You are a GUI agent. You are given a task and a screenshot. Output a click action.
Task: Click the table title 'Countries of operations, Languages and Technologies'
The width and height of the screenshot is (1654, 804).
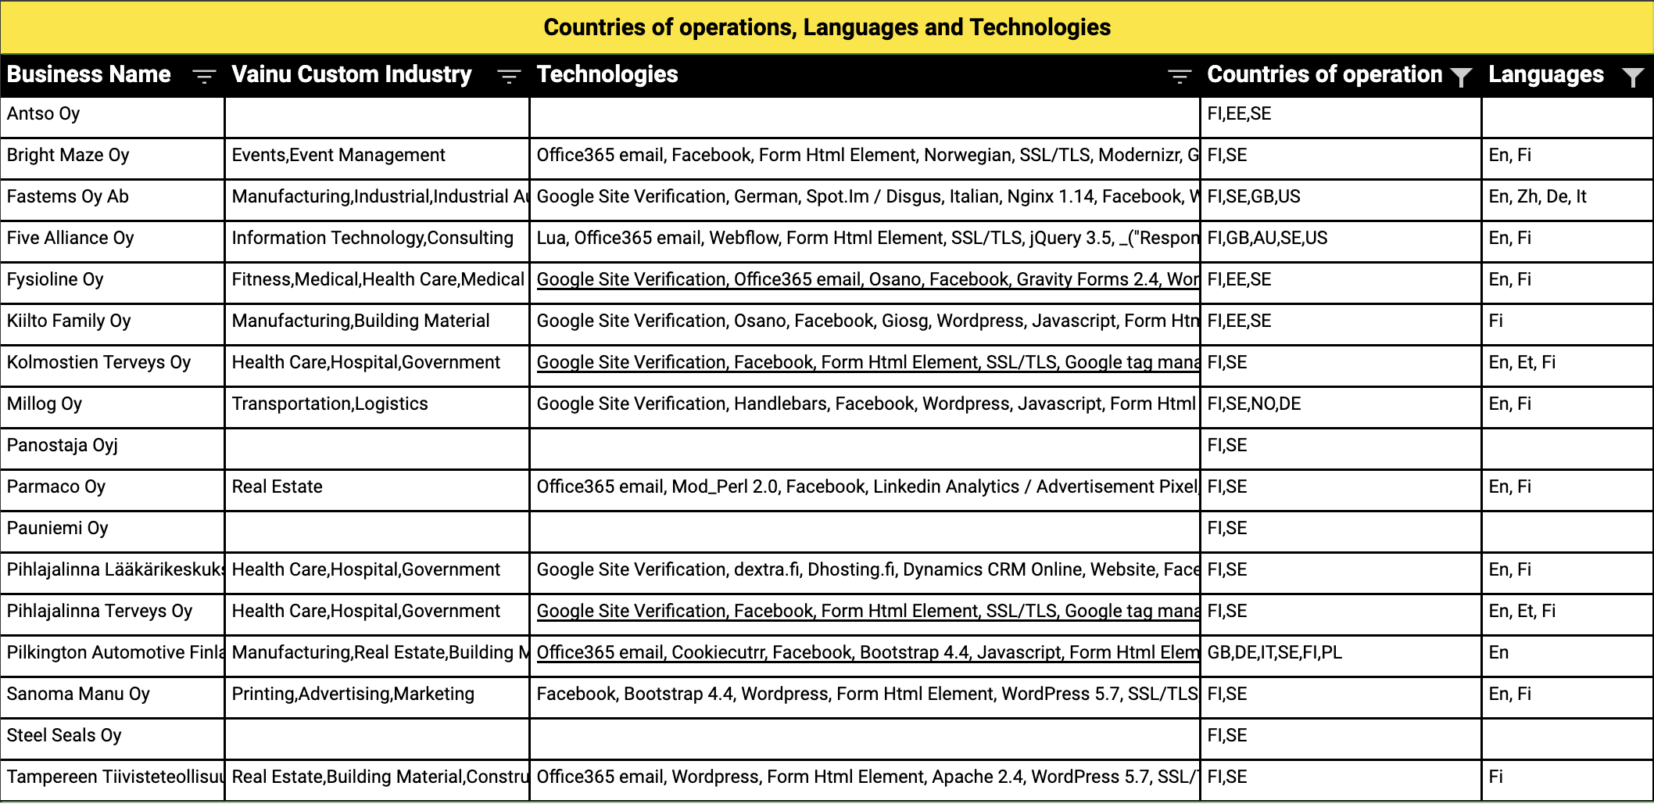click(827, 27)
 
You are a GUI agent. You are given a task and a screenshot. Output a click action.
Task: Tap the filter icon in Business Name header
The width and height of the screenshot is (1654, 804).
click(204, 76)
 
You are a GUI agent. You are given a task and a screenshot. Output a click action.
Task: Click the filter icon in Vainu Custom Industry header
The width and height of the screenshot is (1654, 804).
click(509, 76)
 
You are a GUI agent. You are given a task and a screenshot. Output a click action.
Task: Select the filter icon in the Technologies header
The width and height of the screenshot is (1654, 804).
click(1180, 76)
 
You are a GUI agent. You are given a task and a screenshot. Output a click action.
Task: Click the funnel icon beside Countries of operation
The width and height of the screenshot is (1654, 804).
click(1460, 77)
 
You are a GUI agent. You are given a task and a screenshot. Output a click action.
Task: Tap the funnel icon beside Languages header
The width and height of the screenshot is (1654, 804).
click(1633, 77)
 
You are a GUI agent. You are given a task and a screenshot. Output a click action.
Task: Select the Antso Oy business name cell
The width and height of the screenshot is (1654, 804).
click(44, 114)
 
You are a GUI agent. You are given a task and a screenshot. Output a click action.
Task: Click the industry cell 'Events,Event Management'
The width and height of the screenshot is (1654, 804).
click(338, 156)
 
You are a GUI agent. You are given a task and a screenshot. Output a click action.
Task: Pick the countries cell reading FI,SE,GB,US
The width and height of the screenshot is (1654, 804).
click(1254, 197)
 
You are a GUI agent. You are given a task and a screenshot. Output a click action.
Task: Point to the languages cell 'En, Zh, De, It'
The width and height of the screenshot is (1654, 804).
click(1538, 197)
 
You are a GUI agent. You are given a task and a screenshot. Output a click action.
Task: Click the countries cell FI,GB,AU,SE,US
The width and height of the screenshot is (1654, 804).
click(1267, 239)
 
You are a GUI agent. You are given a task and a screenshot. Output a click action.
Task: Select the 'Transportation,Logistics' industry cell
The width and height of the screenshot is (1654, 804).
click(330, 404)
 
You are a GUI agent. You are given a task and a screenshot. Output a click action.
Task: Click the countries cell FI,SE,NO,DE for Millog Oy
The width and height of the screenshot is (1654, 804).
click(1254, 404)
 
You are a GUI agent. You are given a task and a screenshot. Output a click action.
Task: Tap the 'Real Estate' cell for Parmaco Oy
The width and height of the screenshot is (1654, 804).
click(277, 487)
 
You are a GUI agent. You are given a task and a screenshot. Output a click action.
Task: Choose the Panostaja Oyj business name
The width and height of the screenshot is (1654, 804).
click(63, 446)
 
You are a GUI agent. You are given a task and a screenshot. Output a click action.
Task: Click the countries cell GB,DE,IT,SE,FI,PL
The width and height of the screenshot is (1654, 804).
click(1275, 653)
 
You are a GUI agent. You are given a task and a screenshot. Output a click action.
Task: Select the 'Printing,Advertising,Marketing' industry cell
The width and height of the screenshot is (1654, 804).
click(353, 695)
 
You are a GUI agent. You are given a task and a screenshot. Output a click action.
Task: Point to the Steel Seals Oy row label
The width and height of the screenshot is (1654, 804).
click(64, 736)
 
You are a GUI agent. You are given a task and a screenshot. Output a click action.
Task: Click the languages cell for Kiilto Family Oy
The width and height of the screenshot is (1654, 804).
click(1496, 321)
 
